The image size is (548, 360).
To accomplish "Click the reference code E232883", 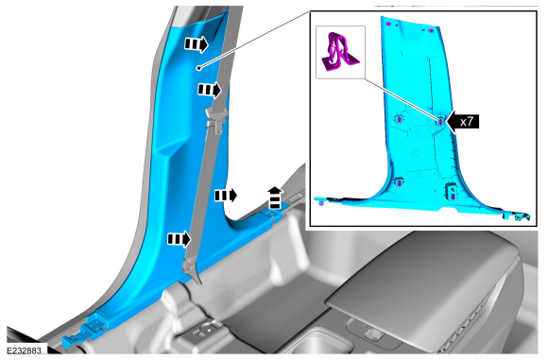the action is (x=25, y=350).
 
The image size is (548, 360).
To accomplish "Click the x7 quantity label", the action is (x=466, y=122).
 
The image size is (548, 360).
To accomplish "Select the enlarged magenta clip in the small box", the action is (x=339, y=52).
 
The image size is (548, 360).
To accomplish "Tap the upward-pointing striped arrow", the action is (x=275, y=197).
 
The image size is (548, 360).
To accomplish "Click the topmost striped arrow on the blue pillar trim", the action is (x=197, y=44).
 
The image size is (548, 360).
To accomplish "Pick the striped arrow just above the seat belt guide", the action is (x=210, y=90).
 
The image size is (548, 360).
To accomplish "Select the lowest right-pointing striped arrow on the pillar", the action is (x=180, y=239).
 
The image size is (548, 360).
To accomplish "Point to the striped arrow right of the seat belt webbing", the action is (x=226, y=196).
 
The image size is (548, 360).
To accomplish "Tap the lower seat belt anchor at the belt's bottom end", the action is (x=191, y=269).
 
